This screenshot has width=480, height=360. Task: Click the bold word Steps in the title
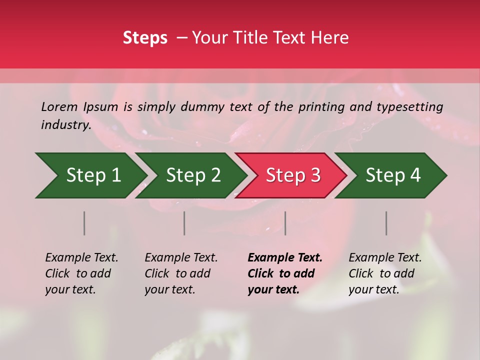tap(145, 38)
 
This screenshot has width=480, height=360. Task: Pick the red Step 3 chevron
tap(293, 175)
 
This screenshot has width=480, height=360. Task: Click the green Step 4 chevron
tap(393, 175)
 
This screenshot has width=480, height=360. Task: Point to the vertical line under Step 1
tap(84, 223)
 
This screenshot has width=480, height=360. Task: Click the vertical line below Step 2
tap(184, 223)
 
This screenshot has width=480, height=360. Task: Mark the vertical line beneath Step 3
tap(285, 223)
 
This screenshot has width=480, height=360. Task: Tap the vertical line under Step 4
tap(386, 223)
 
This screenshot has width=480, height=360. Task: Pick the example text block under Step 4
tap(385, 273)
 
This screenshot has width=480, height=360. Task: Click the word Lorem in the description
tap(59, 106)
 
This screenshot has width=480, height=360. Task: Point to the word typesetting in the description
tap(409, 106)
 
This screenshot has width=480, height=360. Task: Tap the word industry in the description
tap(66, 124)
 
